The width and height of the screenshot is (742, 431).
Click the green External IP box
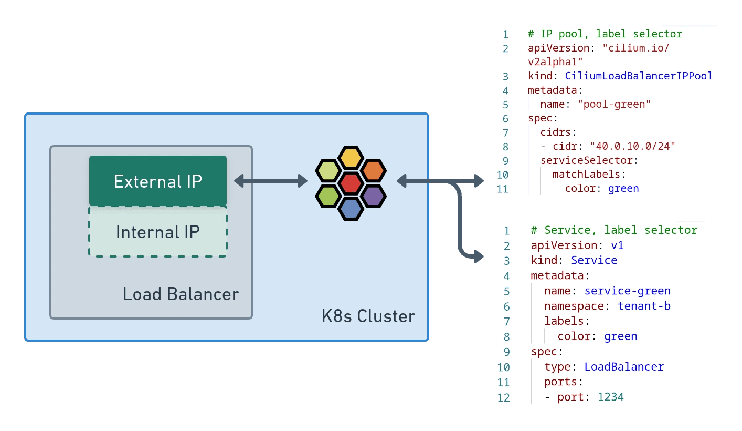[157, 181]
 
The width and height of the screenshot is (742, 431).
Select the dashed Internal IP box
[157, 232]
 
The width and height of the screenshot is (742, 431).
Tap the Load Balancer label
[181, 294]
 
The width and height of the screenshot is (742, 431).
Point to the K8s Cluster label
[368, 316]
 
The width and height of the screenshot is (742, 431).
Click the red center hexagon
[351, 183]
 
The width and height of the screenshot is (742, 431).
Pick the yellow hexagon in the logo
[351, 158]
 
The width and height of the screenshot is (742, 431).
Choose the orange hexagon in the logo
[373, 170]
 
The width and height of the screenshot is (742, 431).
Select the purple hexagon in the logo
[373, 196]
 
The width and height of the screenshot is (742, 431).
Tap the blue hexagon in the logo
[351, 209]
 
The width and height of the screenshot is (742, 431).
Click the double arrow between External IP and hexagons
[270, 181]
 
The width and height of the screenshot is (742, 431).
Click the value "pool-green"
[614, 104]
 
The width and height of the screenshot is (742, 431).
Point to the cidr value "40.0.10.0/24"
[632, 146]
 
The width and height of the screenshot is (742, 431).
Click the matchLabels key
[587, 174]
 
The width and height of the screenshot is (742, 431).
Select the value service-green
[627, 291]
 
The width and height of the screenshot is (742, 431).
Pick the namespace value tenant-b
[644, 306]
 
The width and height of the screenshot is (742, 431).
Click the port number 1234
[611, 397]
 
